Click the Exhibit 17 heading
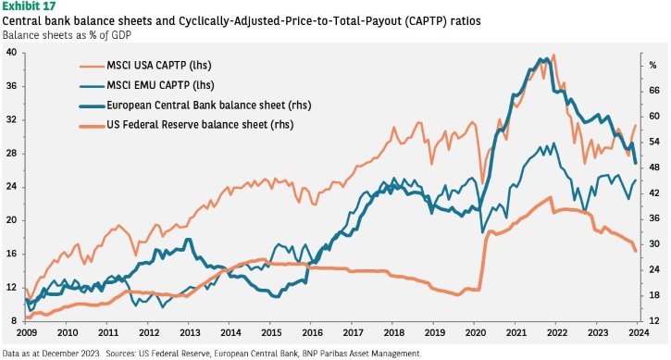point(29,6)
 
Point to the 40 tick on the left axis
point(11,53)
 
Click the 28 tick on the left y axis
point(11,154)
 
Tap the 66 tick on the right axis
point(654,91)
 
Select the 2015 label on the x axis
point(271,332)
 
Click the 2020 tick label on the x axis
point(475,332)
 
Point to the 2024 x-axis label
point(639,332)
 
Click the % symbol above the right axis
point(652,65)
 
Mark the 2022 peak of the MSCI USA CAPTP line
point(554,55)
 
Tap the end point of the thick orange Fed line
point(636,252)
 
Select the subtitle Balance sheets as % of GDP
point(67,35)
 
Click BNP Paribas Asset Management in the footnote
point(361,354)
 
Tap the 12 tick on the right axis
point(654,321)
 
